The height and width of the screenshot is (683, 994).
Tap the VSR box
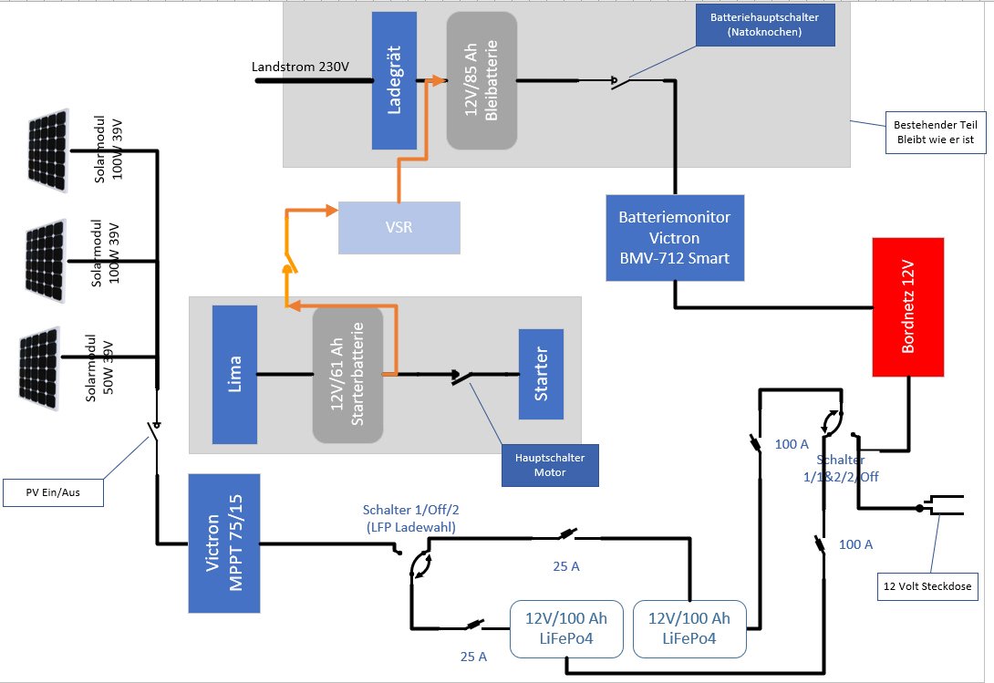coord(399,227)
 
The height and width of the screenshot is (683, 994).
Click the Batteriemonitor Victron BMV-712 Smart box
coord(674,236)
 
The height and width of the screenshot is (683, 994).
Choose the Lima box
coord(233,374)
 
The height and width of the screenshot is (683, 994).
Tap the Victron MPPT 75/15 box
coord(224,543)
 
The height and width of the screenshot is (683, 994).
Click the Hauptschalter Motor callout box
coord(549,465)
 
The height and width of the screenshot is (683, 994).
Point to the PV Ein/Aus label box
coord(53,493)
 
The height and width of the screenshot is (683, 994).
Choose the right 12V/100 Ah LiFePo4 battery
coord(689,628)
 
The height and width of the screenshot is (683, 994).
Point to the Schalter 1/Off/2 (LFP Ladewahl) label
coord(410,518)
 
